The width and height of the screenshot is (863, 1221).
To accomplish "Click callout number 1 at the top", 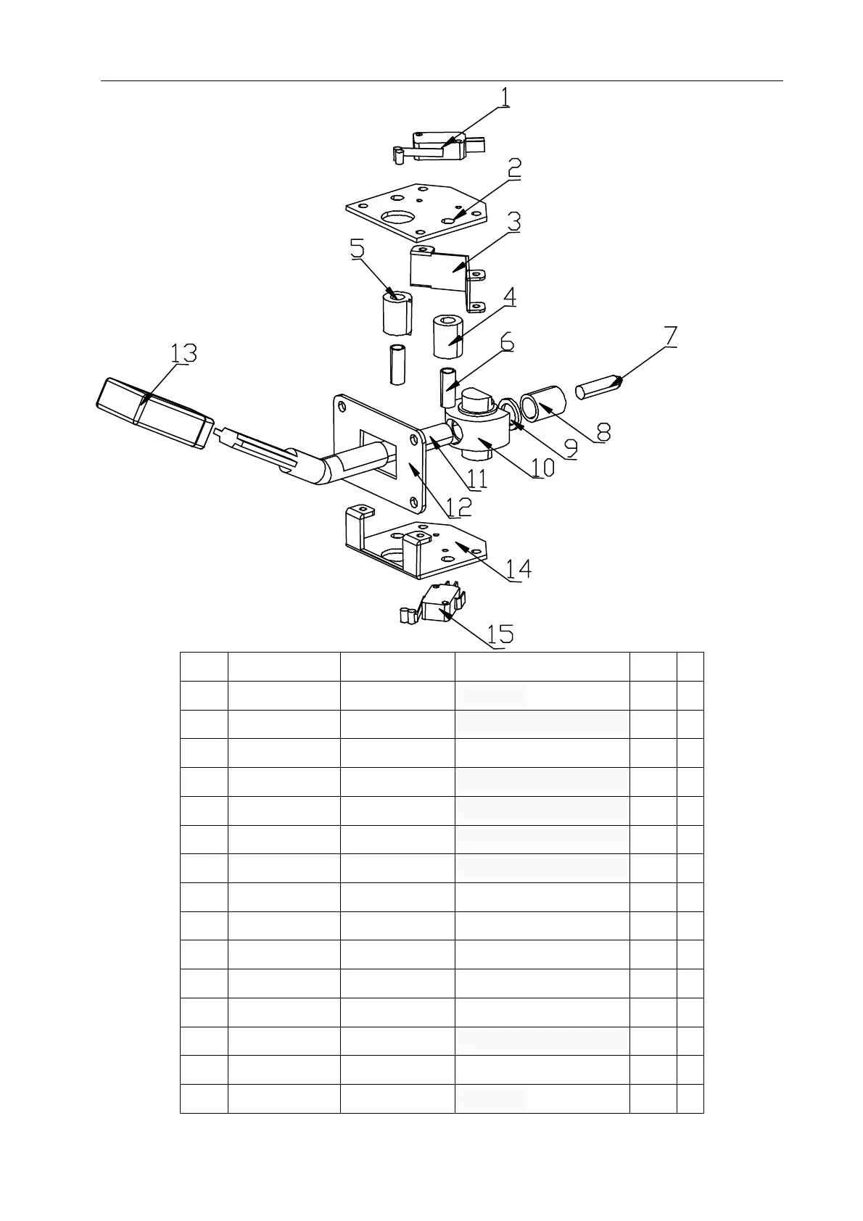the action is tap(505, 97).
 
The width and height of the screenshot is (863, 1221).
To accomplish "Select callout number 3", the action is tap(513, 221).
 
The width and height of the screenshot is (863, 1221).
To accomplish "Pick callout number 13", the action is tap(183, 354).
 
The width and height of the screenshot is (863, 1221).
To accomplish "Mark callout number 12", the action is tap(458, 505).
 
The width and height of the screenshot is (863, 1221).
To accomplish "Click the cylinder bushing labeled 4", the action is tap(449, 336).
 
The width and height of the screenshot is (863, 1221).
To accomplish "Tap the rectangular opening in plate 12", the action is tap(379, 453).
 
